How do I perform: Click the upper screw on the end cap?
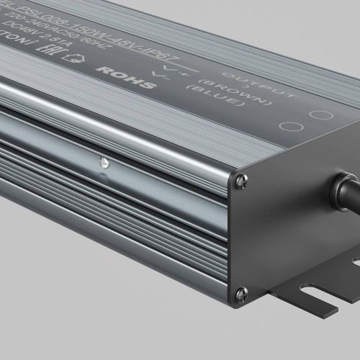tap(239, 184)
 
